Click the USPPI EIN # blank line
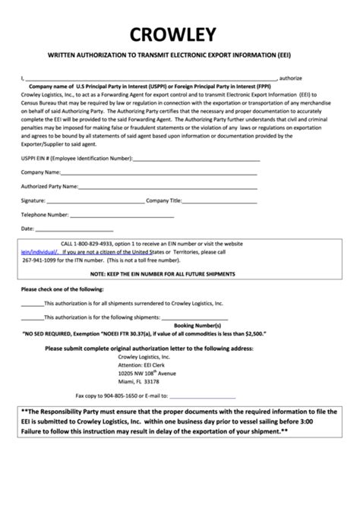[x=197, y=160]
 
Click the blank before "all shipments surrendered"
[x=33, y=302]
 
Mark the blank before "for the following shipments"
[x=33, y=317]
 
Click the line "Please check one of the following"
[x=57, y=289]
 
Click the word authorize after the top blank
[x=291, y=77]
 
